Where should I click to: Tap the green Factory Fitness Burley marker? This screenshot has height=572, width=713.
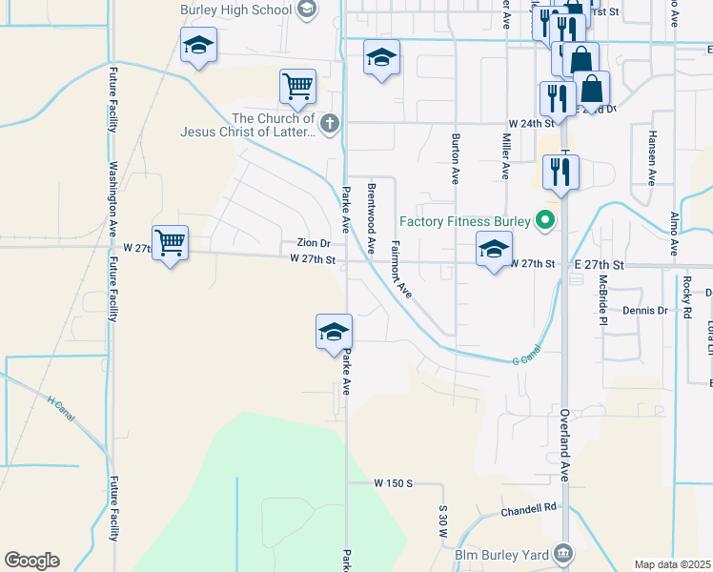click(x=545, y=221)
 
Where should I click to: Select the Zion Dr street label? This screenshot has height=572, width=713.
click(x=313, y=243)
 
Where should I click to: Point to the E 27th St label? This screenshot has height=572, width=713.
click(x=598, y=263)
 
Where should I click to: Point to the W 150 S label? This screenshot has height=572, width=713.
click(x=393, y=483)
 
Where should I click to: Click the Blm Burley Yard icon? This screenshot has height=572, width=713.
click(x=563, y=553)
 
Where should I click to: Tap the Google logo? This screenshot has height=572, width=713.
click(x=31, y=561)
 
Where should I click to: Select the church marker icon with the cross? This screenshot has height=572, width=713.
click(x=329, y=122)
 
